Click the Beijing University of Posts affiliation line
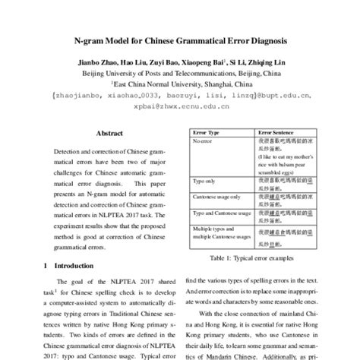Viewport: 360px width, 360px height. click(180, 74)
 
